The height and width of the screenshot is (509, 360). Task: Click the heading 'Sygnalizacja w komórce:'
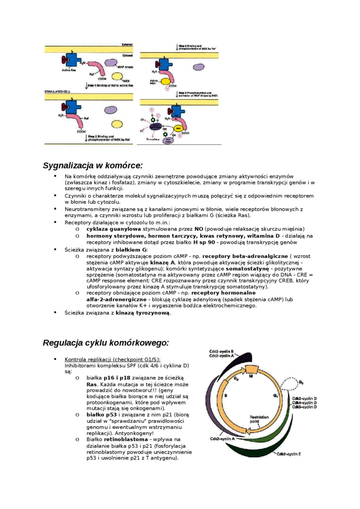92,166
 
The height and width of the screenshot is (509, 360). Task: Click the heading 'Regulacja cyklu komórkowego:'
106,343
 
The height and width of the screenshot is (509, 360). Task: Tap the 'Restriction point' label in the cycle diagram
259,420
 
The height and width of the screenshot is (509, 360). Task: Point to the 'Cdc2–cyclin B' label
222,351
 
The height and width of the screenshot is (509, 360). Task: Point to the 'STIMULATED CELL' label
57,90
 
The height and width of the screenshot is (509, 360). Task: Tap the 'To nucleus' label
153,141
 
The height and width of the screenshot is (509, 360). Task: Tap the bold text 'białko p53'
101,414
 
